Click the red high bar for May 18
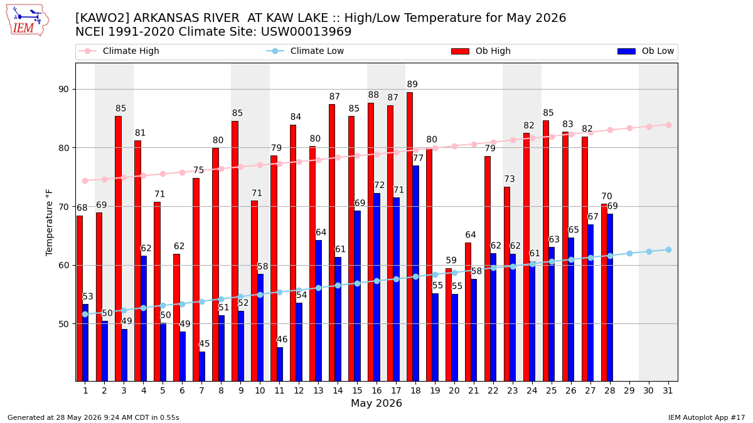(409, 237)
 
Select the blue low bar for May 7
(202, 367)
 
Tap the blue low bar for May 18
(415, 273)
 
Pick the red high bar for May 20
(449, 325)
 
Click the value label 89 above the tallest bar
(412, 84)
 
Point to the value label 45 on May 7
(205, 343)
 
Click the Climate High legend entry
(119, 51)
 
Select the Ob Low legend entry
(646, 51)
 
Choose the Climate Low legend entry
(305, 51)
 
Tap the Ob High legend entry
(481, 51)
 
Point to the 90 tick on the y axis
(63, 89)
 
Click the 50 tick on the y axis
(63, 324)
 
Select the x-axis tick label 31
(668, 390)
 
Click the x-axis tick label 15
(357, 390)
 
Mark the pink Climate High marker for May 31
(668, 125)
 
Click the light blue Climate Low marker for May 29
(629, 253)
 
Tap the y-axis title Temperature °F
(49, 222)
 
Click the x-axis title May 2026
(376, 403)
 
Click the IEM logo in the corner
(28, 20)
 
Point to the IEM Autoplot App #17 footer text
(707, 417)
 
